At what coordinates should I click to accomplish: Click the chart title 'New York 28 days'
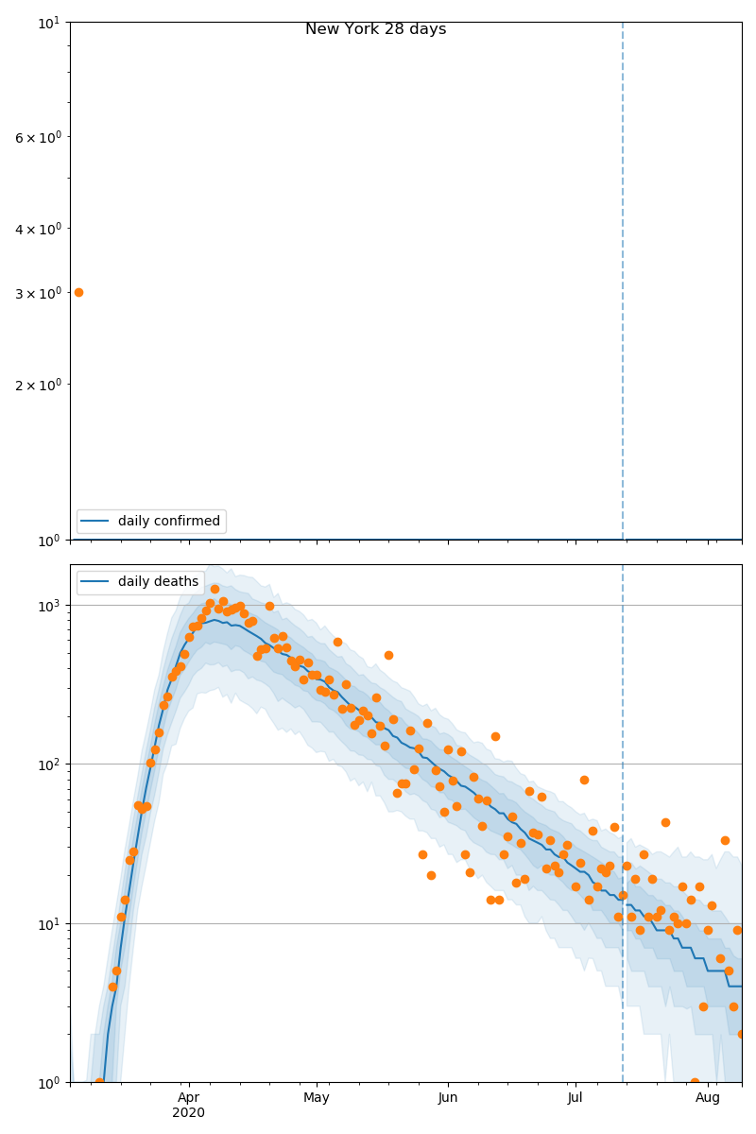(x=375, y=29)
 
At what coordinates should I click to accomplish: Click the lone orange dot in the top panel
(x=78, y=292)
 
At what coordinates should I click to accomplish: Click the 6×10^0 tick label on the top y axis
(x=38, y=138)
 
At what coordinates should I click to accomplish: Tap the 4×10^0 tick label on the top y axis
(x=38, y=229)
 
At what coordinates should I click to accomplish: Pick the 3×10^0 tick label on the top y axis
(x=38, y=293)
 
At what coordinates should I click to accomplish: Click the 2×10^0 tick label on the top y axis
(x=38, y=385)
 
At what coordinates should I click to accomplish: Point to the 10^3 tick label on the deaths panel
(x=51, y=605)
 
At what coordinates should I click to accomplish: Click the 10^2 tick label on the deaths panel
(x=51, y=764)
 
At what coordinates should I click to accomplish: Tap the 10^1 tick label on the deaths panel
(x=51, y=923)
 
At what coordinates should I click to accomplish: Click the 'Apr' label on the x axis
(x=189, y=1097)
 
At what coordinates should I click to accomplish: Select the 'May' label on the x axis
(x=317, y=1097)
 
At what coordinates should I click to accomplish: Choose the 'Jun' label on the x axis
(x=448, y=1097)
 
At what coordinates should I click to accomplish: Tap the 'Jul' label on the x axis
(x=575, y=1097)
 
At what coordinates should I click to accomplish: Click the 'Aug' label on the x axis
(x=708, y=1097)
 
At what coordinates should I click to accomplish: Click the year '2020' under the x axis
(x=189, y=1112)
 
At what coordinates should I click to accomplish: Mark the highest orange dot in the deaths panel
(x=215, y=589)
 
